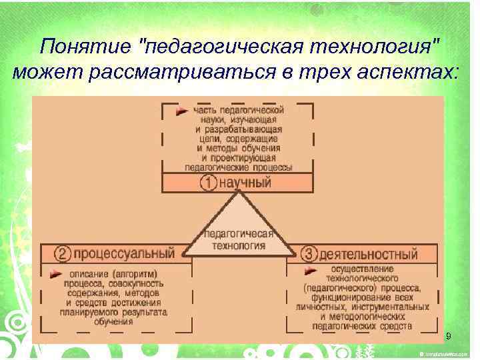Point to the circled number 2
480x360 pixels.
pos(62,254)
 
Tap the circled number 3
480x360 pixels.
pos(309,254)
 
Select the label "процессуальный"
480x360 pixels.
pos(124,254)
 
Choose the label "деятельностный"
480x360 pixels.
pos(369,254)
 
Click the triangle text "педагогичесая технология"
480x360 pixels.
pos(238,239)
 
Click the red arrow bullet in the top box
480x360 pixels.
pos(181,111)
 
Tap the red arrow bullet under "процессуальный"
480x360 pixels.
pos(55,273)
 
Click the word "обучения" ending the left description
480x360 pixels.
pos(113,321)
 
